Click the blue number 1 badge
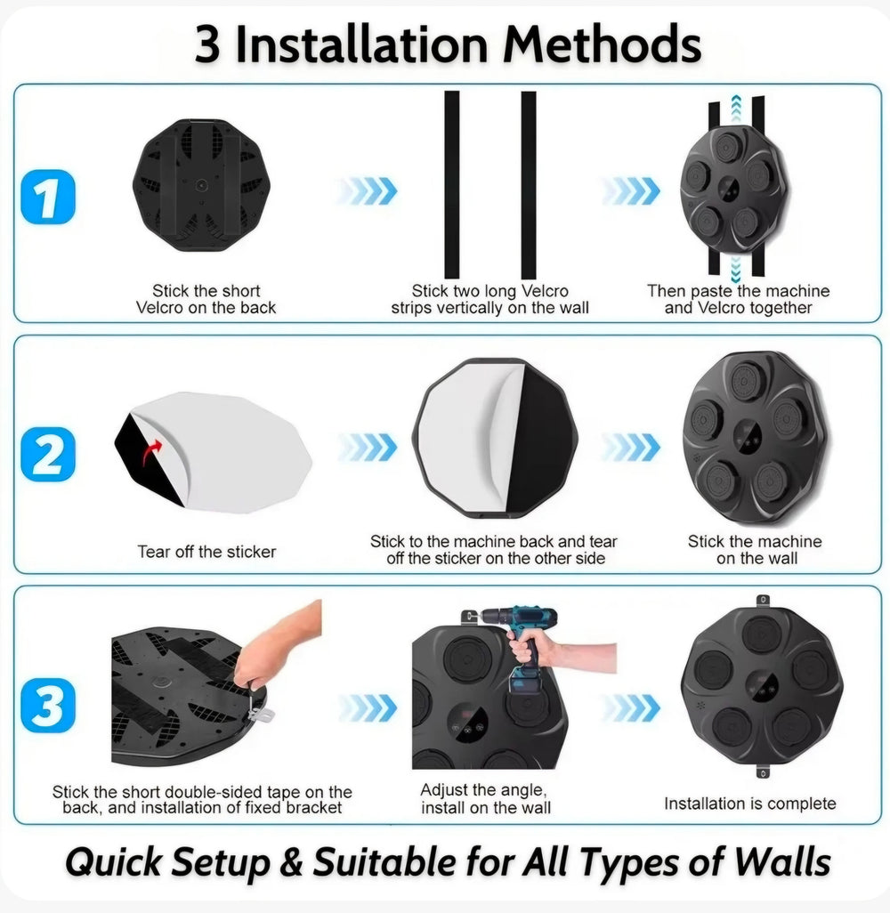pyautogui.click(x=46, y=199)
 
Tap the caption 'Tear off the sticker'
pyautogui.click(x=206, y=552)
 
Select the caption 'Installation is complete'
pyautogui.click(x=749, y=804)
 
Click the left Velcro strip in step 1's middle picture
pyautogui.click(x=452, y=185)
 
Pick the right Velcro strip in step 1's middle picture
pyautogui.click(x=529, y=185)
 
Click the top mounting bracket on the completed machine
pyautogui.click(x=761, y=602)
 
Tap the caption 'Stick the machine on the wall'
pyautogui.click(x=755, y=550)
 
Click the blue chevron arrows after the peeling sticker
pyautogui.click(x=367, y=447)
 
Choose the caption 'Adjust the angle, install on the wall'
pyautogui.click(x=485, y=798)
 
